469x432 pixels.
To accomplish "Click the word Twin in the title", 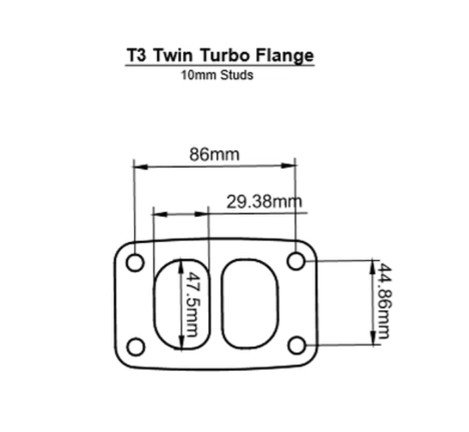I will [175, 55].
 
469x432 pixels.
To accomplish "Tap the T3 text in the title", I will [138, 55].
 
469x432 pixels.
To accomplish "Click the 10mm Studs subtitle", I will [217, 75].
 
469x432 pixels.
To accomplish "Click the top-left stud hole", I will [135, 263].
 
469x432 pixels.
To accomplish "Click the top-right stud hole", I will [296, 261].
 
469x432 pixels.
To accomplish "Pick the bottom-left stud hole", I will [135, 347].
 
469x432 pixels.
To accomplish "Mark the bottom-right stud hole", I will [297, 346].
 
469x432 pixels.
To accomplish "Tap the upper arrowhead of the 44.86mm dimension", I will [373, 265].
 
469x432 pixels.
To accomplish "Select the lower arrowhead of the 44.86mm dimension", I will [373, 341].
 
